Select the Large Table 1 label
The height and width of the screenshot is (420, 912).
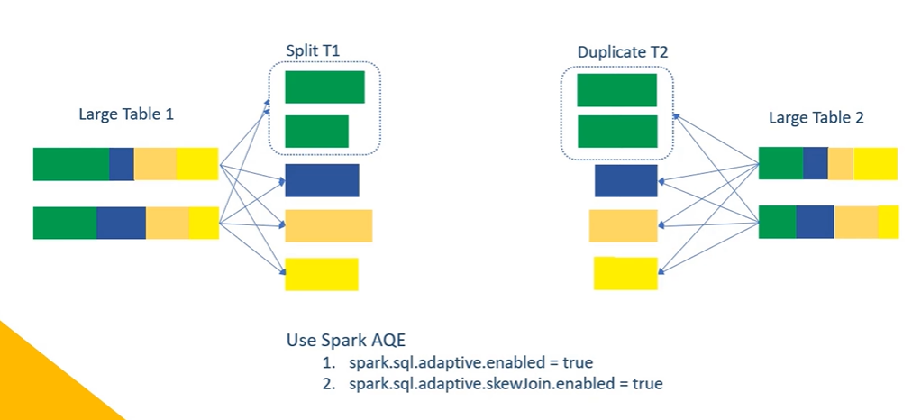pyautogui.click(x=126, y=114)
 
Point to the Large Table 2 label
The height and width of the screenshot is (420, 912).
pyautogui.click(x=816, y=117)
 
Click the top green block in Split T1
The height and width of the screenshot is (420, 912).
pyautogui.click(x=324, y=87)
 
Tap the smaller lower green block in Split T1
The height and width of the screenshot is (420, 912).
pyautogui.click(x=316, y=131)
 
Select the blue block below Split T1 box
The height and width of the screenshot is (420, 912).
pyautogui.click(x=322, y=180)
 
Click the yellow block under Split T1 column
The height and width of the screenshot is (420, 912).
pyautogui.click(x=322, y=274)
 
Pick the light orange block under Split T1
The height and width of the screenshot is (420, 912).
pyautogui.click(x=328, y=225)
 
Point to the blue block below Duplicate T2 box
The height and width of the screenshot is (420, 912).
pyautogui.click(x=625, y=180)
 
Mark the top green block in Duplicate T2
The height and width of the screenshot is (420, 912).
pyautogui.click(x=616, y=90)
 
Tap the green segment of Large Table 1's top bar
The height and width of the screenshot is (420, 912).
pyautogui.click(x=71, y=164)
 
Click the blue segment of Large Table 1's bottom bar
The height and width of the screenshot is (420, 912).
pyautogui.click(x=121, y=223)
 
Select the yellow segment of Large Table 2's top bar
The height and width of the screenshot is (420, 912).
pyautogui.click(x=875, y=163)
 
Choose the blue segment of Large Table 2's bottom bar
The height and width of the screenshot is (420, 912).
pyautogui.click(x=815, y=222)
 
